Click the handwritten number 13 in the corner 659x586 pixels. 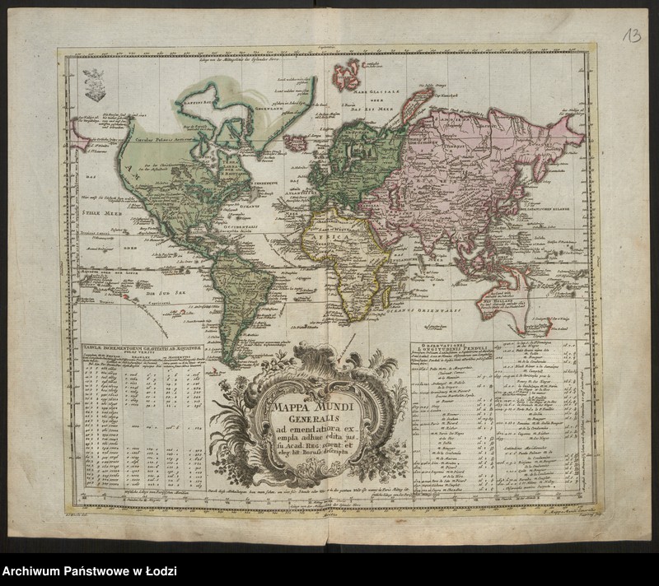(x=632, y=34)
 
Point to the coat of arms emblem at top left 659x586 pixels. (x=94, y=85)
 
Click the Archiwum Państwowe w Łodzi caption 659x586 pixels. (x=89, y=571)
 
